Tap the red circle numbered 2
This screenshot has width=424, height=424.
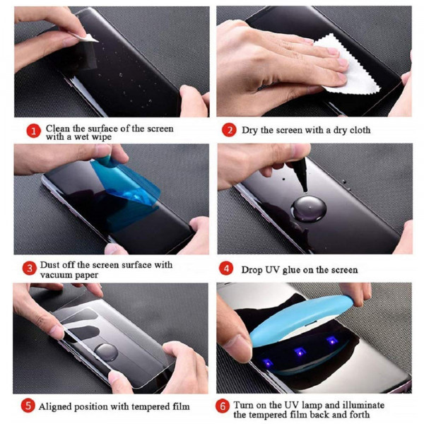coord(228,131)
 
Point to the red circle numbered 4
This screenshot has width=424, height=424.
coord(227,269)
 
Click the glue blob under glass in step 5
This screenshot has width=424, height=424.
coord(106,351)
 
